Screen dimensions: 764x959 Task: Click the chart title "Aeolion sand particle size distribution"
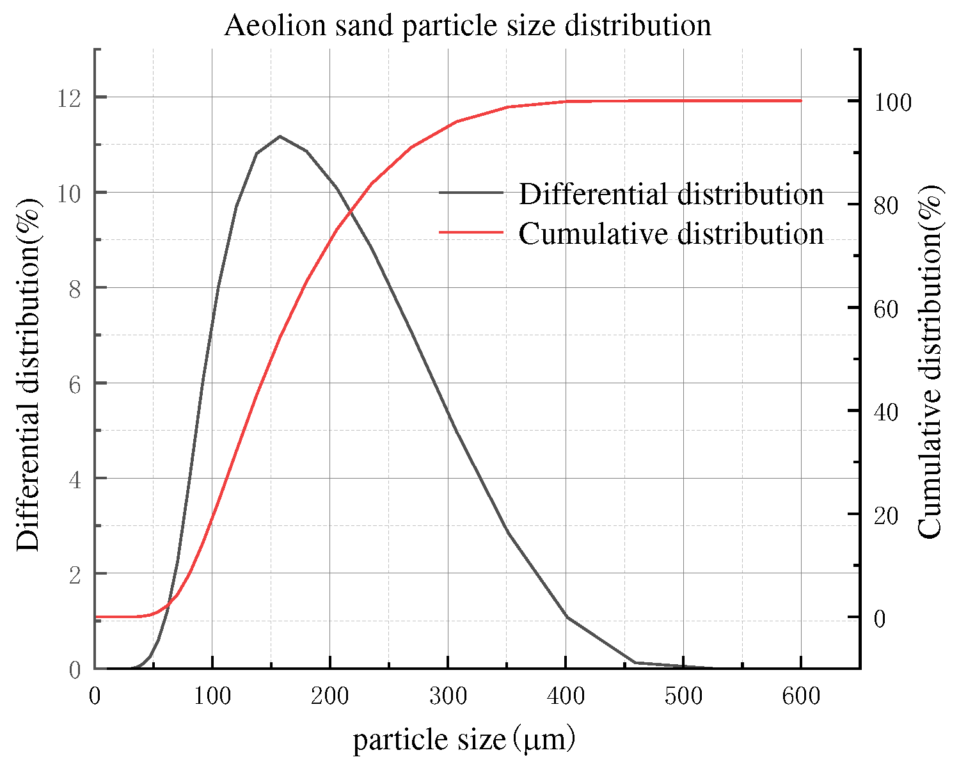468,26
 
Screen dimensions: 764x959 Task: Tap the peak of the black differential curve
280,136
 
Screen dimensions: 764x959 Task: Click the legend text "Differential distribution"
670,194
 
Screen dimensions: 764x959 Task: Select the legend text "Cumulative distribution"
670,234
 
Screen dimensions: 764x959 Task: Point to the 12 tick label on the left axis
69,98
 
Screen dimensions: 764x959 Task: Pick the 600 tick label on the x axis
801,696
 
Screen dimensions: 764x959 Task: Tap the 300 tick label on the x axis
448,696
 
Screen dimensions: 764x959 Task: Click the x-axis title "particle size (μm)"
464,740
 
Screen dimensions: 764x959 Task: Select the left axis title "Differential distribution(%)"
28,374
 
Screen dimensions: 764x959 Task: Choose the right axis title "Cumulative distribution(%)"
930,362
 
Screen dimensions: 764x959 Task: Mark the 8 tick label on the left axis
75,289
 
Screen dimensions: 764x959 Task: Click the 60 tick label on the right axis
886,309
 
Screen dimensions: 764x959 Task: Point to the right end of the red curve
800,100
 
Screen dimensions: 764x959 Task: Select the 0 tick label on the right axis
880,619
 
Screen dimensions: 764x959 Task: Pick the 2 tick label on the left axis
75,575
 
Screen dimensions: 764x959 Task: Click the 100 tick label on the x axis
212,696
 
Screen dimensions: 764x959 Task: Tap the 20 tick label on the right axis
886,516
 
